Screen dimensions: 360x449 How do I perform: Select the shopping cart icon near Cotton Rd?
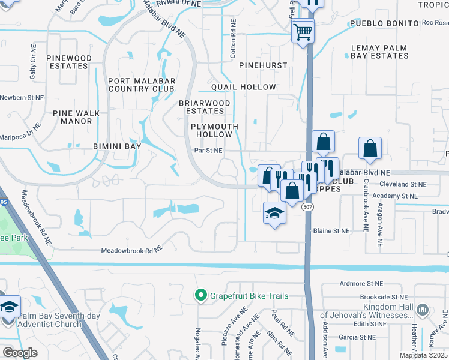tap(303, 31)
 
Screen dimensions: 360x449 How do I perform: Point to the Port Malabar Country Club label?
tap(142, 85)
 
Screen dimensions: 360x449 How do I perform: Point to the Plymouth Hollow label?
tap(214, 131)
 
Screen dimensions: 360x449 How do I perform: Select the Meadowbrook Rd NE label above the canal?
tap(131, 250)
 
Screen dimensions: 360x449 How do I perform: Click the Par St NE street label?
tap(208, 151)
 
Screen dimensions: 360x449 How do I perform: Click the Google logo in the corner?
tap(20, 353)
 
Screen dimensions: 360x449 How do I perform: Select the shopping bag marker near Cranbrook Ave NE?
tap(370, 149)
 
